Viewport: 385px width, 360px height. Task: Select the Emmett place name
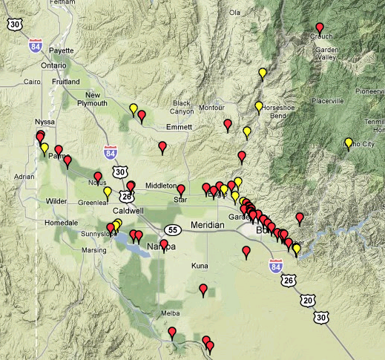179,127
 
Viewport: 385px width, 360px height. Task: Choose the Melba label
171,315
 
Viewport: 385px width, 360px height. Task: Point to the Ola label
235,12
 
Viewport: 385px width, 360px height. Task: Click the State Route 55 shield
173,229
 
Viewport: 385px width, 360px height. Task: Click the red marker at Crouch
320,29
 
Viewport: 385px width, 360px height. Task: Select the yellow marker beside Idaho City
348,143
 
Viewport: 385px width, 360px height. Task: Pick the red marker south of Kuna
203,289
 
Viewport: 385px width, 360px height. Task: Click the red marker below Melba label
172,333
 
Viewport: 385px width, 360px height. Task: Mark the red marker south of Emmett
162,147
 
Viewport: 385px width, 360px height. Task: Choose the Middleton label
162,186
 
